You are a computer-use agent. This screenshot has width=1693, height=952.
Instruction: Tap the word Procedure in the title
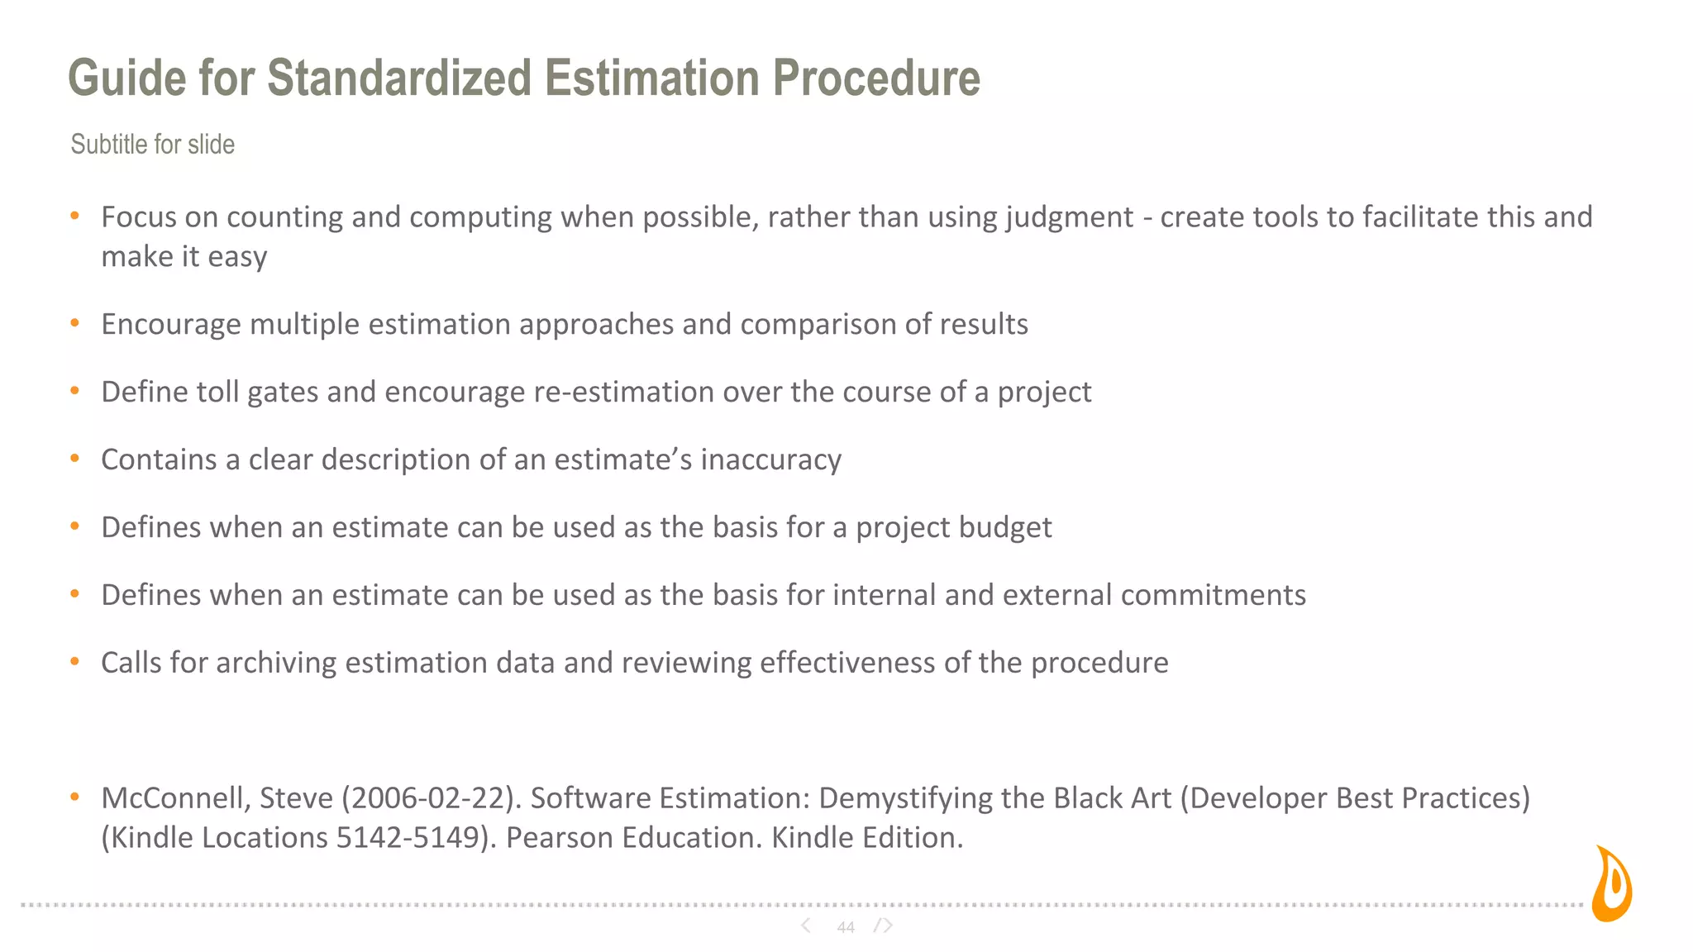pyautogui.click(x=876, y=79)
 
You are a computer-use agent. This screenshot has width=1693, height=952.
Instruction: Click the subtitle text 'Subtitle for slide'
pyautogui.click(x=153, y=145)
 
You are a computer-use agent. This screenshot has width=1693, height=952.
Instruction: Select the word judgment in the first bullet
pyautogui.click(x=1069, y=217)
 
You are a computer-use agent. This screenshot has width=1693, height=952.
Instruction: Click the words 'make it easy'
pyautogui.click(x=184, y=257)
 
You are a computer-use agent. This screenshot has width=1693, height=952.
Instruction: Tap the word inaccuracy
pyautogui.click(x=770, y=460)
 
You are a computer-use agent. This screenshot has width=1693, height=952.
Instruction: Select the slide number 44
pyautogui.click(x=845, y=927)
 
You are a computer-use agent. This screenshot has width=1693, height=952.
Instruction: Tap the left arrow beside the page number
pyautogui.click(x=806, y=926)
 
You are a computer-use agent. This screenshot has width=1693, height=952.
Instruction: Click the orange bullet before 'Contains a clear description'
pyautogui.click(x=75, y=459)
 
